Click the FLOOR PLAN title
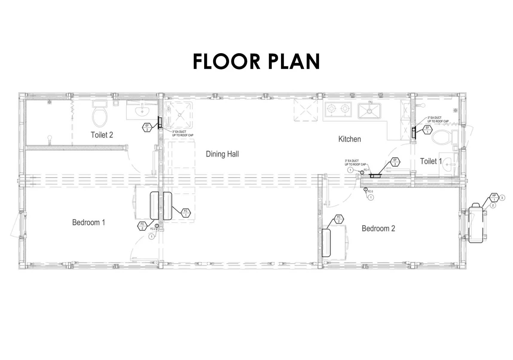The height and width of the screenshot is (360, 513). [x=256, y=61]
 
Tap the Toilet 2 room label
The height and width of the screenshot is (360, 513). [x=102, y=135]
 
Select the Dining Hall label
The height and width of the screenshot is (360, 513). [x=222, y=154]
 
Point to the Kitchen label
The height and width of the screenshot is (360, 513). [x=349, y=139]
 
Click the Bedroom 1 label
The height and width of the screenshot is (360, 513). [x=88, y=222]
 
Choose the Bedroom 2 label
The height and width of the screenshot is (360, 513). [x=378, y=228]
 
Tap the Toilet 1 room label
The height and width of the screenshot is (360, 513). [x=431, y=161]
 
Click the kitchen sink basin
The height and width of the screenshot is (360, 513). [x=370, y=110]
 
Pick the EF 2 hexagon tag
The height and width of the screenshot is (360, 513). [x=147, y=128]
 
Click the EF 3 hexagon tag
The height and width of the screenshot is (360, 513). [x=395, y=162]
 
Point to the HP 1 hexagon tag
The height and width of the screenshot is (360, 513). [x=494, y=198]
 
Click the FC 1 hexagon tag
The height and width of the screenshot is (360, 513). [x=186, y=213]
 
